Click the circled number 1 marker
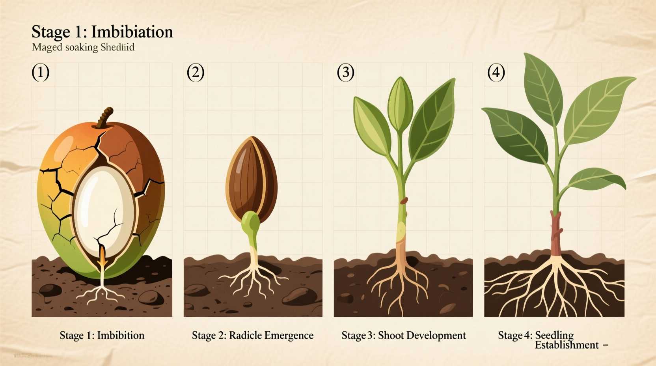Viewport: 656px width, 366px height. (x=40, y=73)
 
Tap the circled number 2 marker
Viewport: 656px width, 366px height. (x=195, y=73)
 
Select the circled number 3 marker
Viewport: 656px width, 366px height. (x=345, y=73)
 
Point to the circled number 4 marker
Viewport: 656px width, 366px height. (x=496, y=73)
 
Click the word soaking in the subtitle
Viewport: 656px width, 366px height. (x=82, y=47)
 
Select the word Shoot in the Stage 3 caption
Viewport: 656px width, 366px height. (x=391, y=335)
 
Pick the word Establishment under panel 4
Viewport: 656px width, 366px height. (x=567, y=345)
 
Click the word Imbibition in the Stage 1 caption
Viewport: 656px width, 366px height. (x=121, y=335)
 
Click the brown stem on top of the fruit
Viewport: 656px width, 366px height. (x=105, y=117)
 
